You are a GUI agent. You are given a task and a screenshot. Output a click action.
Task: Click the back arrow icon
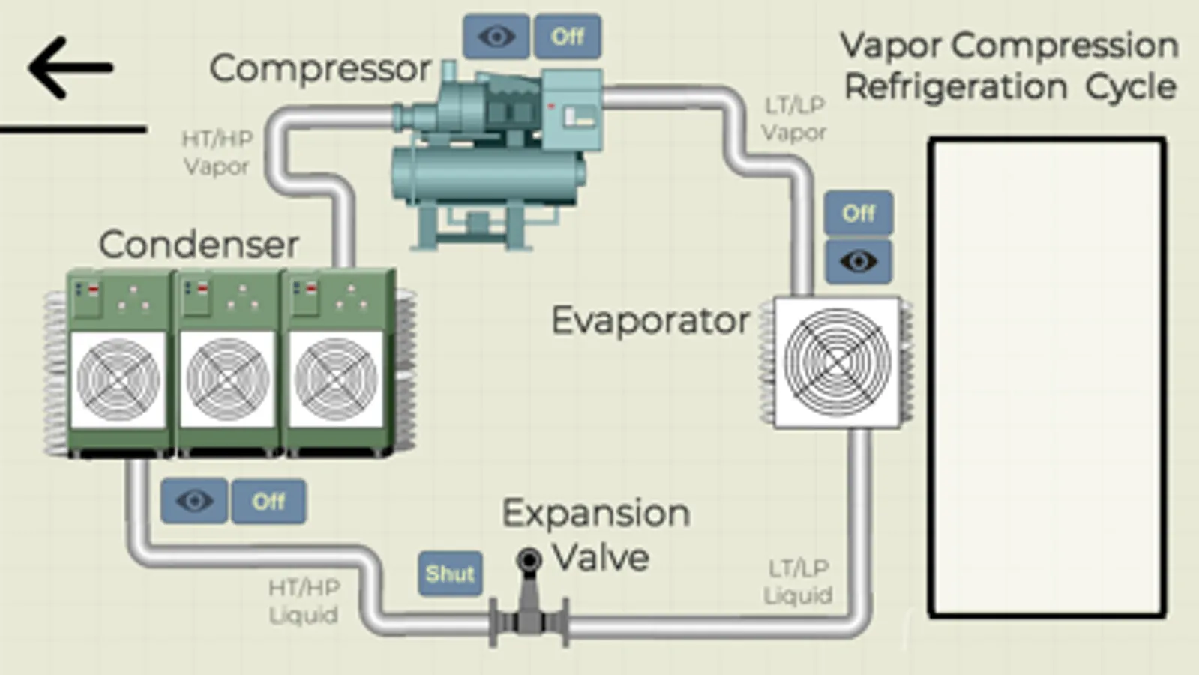[70, 68]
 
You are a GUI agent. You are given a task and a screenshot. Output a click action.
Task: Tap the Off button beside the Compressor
[567, 36]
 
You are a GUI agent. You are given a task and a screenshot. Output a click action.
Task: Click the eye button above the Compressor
[496, 36]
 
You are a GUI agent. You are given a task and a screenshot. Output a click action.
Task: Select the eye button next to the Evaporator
[858, 261]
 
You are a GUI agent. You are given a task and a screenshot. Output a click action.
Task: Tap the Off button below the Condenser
[268, 501]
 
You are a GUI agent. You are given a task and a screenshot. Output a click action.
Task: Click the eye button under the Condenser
[194, 501]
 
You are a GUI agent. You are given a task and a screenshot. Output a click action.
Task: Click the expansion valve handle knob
[529, 559]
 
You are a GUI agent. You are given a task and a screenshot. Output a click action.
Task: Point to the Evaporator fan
[837, 362]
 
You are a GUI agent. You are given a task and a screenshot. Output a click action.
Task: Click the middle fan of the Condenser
[227, 379]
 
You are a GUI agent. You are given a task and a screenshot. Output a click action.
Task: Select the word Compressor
[320, 69]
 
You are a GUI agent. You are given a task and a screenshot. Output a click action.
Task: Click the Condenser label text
[199, 244]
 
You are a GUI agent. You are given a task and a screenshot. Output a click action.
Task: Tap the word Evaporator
[650, 321]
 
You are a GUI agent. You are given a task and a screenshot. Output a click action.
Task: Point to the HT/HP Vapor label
[217, 153]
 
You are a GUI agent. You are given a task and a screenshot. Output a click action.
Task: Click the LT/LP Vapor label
[793, 119]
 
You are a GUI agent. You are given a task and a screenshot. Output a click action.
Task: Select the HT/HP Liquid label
[304, 601]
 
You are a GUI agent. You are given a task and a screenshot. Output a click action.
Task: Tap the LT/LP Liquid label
[798, 582]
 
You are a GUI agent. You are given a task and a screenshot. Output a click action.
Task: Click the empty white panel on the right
[1047, 377]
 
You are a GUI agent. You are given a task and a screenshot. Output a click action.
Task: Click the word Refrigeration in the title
[955, 87]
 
